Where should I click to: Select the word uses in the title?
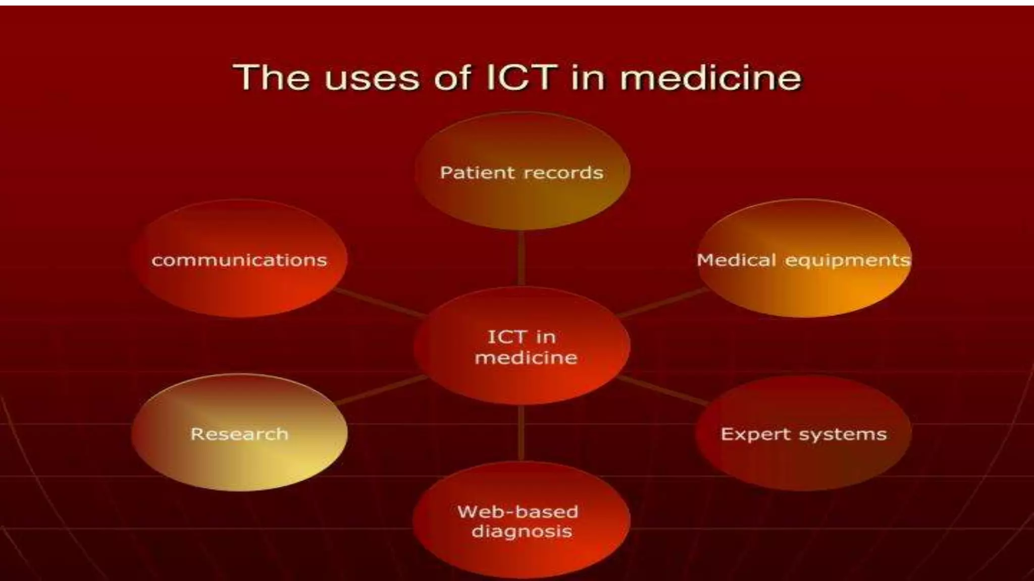coord(372,79)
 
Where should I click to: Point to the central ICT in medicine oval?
coord(522,378)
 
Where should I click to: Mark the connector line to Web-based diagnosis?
coord(521,433)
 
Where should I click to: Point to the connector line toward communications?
coord(380,303)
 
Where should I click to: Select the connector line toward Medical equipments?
coord(662,303)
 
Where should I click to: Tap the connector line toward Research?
coord(381,390)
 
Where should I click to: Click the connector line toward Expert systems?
coord(662,390)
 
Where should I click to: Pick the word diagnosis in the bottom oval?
coord(522,532)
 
